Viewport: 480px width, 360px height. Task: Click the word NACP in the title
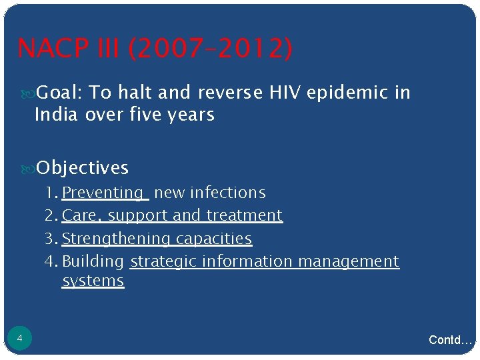(54, 49)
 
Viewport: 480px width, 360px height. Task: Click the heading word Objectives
(82, 167)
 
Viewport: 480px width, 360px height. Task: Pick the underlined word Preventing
(103, 193)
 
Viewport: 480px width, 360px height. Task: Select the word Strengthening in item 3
(116, 238)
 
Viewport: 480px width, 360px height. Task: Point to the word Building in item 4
(93, 261)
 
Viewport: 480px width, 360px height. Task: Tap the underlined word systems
(93, 281)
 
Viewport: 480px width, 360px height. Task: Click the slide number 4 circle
(19, 339)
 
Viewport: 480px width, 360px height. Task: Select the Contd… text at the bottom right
(450, 340)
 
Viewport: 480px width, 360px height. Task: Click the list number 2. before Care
(51, 215)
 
